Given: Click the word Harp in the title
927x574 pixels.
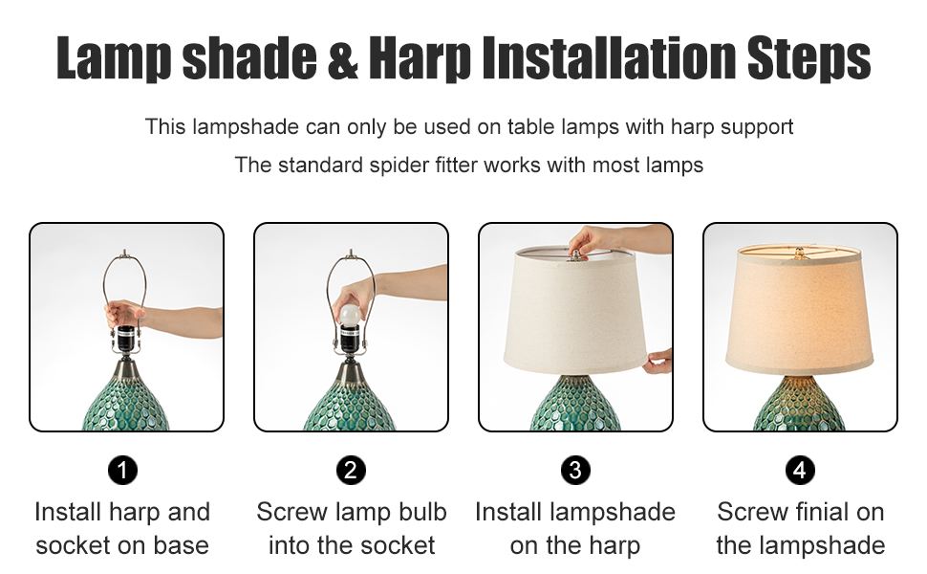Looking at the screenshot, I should coord(420,59).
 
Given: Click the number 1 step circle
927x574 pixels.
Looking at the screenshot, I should coord(122,470).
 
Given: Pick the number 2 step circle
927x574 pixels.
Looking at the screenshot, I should coord(351,470).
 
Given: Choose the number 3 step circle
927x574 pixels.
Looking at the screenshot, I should coord(575,470).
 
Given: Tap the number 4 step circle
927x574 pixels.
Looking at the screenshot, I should coord(800,470).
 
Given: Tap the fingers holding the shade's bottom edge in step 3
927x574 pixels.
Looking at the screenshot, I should coord(658,362).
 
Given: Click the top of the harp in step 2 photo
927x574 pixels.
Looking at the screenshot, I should coord(351,255).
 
